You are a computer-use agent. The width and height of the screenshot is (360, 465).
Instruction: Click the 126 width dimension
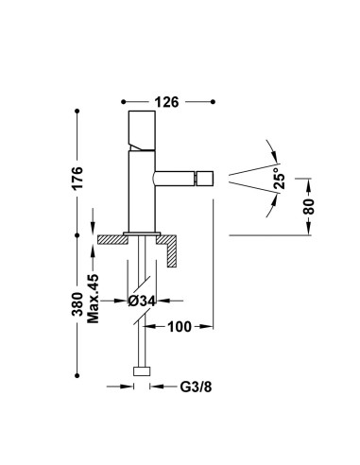[x=166, y=102]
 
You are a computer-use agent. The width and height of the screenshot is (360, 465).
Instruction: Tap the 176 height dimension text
[x=77, y=178]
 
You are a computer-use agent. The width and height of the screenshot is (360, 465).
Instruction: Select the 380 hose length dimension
[x=77, y=304]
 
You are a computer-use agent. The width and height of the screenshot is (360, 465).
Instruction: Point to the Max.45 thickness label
[x=94, y=299]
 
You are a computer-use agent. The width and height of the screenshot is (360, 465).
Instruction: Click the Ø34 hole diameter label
[x=142, y=301]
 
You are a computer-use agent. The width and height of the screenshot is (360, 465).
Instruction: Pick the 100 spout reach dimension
[x=180, y=327]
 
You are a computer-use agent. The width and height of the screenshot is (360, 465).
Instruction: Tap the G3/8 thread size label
[x=196, y=387]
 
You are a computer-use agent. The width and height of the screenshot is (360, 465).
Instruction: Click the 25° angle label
[x=279, y=178]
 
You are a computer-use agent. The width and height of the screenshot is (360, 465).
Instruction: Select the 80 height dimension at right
[x=309, y=206]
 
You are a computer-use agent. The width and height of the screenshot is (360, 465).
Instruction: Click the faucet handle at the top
[x=142, y=130]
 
